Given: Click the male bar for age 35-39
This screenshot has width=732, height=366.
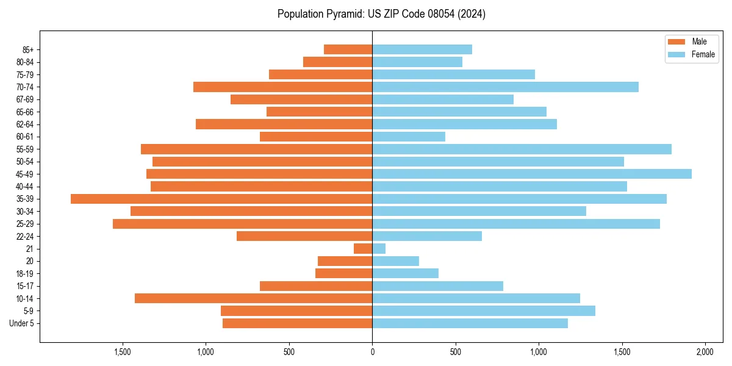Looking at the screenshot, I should pyautogui.click(x=221, y=199).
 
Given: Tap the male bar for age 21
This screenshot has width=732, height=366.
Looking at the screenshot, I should pyautogui.click(x=363, y=249).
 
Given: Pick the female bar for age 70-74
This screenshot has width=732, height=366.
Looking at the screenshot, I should pyautogui.click(x=505, y=87).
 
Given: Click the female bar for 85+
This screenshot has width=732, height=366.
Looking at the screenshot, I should pyautogui.click(x=422, y=49).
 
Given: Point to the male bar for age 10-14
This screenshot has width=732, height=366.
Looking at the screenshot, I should pyautogui.click(x=254, y=298).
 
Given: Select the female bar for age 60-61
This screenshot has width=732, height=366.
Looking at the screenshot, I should pyautogui.click(x=409, y=137).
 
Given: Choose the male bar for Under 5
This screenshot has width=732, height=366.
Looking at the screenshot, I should pyautogui.click(x=298, y=323).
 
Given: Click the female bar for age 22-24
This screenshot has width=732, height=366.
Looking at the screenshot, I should pyautogui.click(x=427, y=236).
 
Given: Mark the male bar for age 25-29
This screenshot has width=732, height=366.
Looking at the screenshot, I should pyautogui.click(x=243, y=224).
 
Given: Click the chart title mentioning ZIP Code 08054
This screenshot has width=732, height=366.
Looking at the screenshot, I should pyautogui.click(x=381, y=14).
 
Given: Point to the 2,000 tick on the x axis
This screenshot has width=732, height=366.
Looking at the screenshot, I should pyautogui.click(x=705, y=353).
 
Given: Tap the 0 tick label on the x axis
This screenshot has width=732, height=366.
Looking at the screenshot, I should pyautogui.click(x=372, y=353).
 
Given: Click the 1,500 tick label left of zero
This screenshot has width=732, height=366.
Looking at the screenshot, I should pyautogui.click(x=123, y=353).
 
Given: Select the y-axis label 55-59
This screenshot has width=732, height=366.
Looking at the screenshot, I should pyautogui.click(x=25, y=149).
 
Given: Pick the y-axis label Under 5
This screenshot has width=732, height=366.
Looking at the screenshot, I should pyautogui.click(x=21, y=323).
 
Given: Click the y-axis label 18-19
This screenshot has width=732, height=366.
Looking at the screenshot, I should pyautogui.click(x=25, y=274).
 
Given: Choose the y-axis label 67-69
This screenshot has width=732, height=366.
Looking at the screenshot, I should pyautogui.click(x=25, y=99).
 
